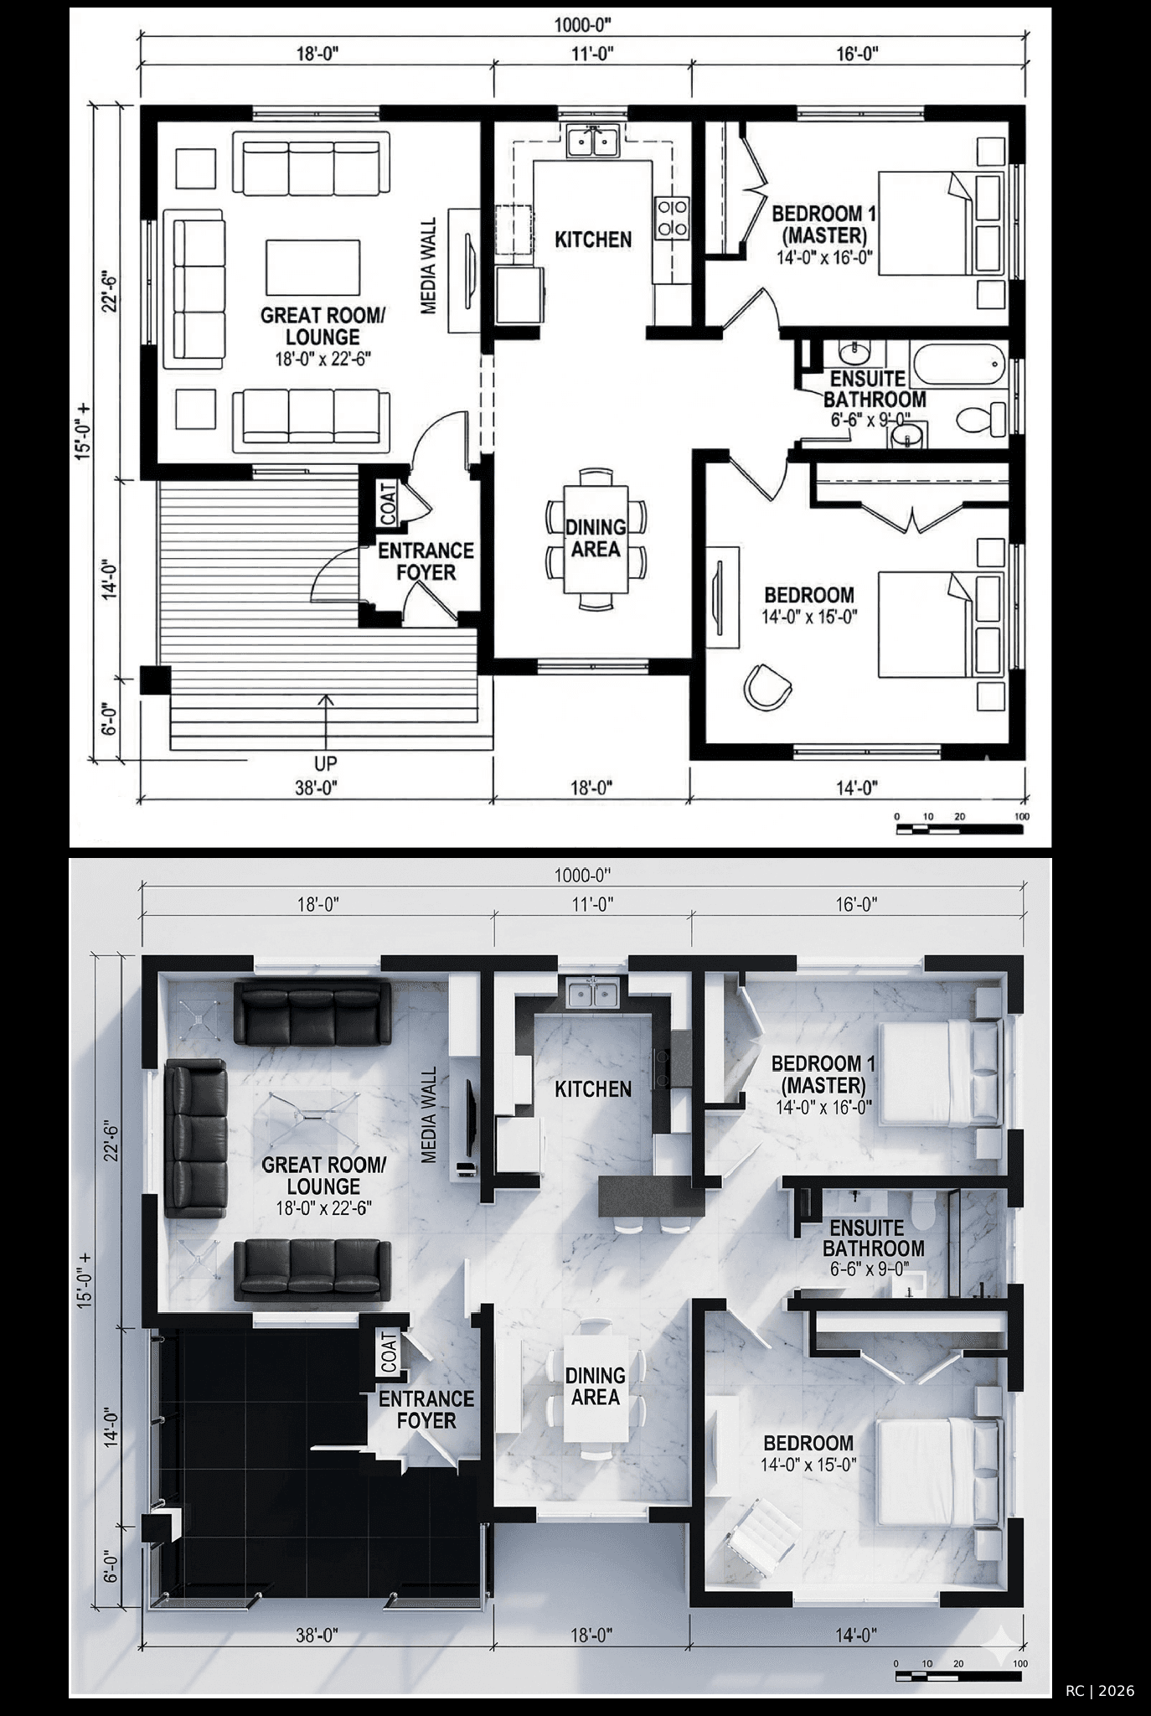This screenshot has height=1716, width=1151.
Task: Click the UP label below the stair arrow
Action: [x=325, y=764]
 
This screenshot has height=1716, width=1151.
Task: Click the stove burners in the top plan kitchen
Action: [x=672, y=217]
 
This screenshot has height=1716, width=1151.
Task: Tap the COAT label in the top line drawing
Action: [x=388, y=504]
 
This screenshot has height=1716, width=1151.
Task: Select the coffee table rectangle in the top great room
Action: [x=314, y=265]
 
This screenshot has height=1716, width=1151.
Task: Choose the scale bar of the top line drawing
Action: [x=960, y=829]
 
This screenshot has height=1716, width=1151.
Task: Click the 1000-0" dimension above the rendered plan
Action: [x=583, y=876]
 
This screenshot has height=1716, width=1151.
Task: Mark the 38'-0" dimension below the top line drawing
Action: [x=317, y=788]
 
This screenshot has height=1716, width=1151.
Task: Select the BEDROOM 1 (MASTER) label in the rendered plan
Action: [x=823, y=1074]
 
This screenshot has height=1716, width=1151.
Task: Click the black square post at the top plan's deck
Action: [x=155, y=680]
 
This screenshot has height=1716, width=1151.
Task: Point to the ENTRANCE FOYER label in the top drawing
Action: [x=426, y=561]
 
